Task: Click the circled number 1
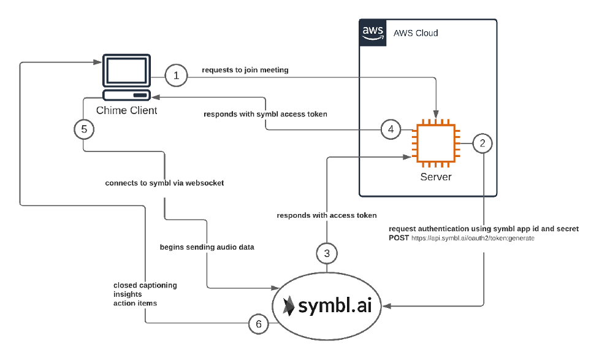pyautogui.click(x=176, y=75)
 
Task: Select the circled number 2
pyautogui.click(x=483, y=143)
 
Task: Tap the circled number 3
pyautogui.click(x=327, y=253)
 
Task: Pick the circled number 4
pyautogui.click(x=391, y=129)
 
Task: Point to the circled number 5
pyautogui.click(x=84, y=129)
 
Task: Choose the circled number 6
pyautogui.click(x=259, y=324)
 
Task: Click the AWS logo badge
pyautogui.click(x=373, y=33)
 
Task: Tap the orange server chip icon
pyautogui.click(x=436, y=144)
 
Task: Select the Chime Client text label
pyautogui.click(x=126, y=110)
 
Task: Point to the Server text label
pyautogui.click(x=436, y=177)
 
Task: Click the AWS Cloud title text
pyautogui.click(x=416, y=33)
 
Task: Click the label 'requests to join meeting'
pyautogui.click(x=245, y=70)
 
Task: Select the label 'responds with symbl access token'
pyautogui.click(x=265, y=114)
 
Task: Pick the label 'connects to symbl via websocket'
pyautogui.click(x=165, y=183)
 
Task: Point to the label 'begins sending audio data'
pyautogui.click(x=207, y=247)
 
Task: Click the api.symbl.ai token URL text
pyautogui.click(x=473, y=239)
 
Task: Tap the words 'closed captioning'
pyautogui.click(x=145, y=285)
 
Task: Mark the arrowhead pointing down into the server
pyautogui.click(x=436, y=114)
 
